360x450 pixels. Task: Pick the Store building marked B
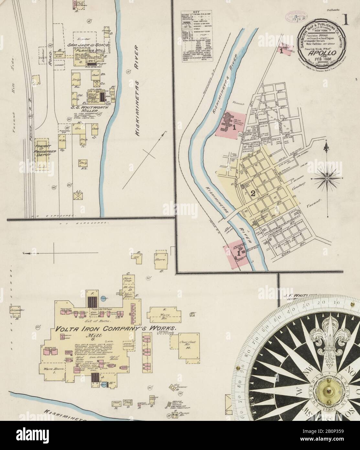pyautogui.click(x=161, y=260)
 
